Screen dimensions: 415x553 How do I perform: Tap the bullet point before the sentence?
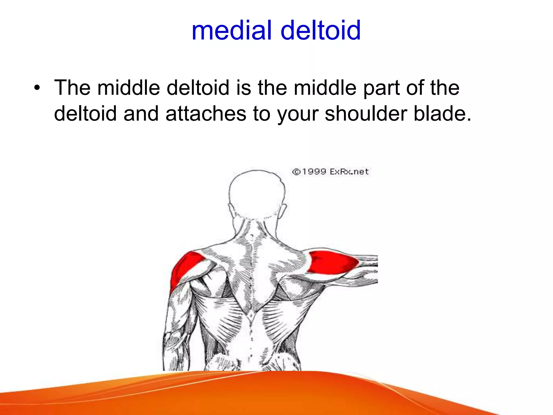pyautogui.click(x=37, y=88)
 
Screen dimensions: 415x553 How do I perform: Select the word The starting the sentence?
pyautogui.click(x=72, y=88)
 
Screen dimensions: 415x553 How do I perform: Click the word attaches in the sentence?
pyautogui.click(x=206, y=113)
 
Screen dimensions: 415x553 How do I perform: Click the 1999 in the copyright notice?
pyautogui.click(x=314, y=172)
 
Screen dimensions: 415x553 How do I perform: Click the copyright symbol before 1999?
pyautogui.click(x=296, y=172)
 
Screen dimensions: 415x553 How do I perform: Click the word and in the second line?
pyautogui.click(x=141, y=113)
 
